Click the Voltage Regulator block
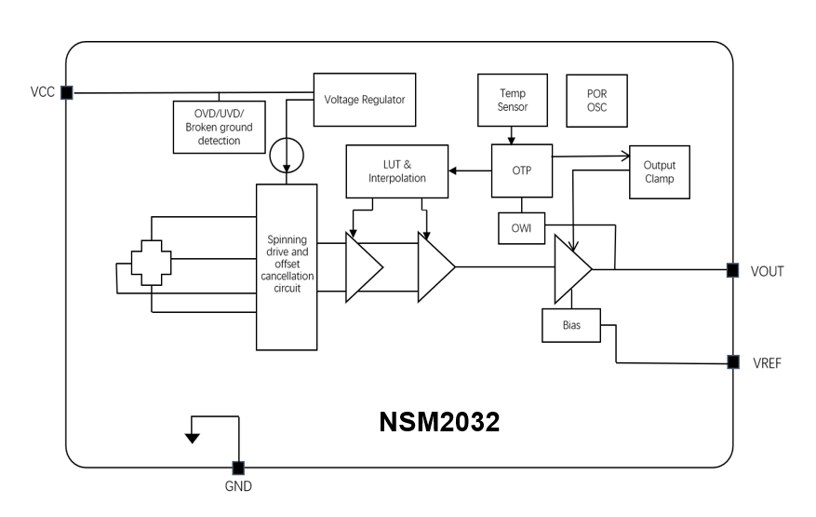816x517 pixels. click(364, 99)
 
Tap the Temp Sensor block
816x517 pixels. click(513, 100)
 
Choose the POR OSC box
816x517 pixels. click(596, 100)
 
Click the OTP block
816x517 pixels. click(521, 170)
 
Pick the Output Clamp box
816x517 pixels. click(659, 171)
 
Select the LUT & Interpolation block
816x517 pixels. click(396, 170)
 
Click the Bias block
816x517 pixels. click(571, 325)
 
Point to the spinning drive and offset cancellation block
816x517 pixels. click(287, 266)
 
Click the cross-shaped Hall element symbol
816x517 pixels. click(151, 265)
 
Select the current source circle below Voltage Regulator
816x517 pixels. click(286, 154)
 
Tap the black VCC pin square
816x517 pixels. click(66, 92)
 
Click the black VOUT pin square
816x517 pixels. click(732, 270)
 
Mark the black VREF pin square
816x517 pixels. click(732, 361)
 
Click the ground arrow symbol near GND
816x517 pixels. click(193, 436)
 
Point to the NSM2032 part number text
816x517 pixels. click(439, 422)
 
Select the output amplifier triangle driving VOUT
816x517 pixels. click(570, 269)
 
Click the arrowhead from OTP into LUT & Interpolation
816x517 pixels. click(453, 170)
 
